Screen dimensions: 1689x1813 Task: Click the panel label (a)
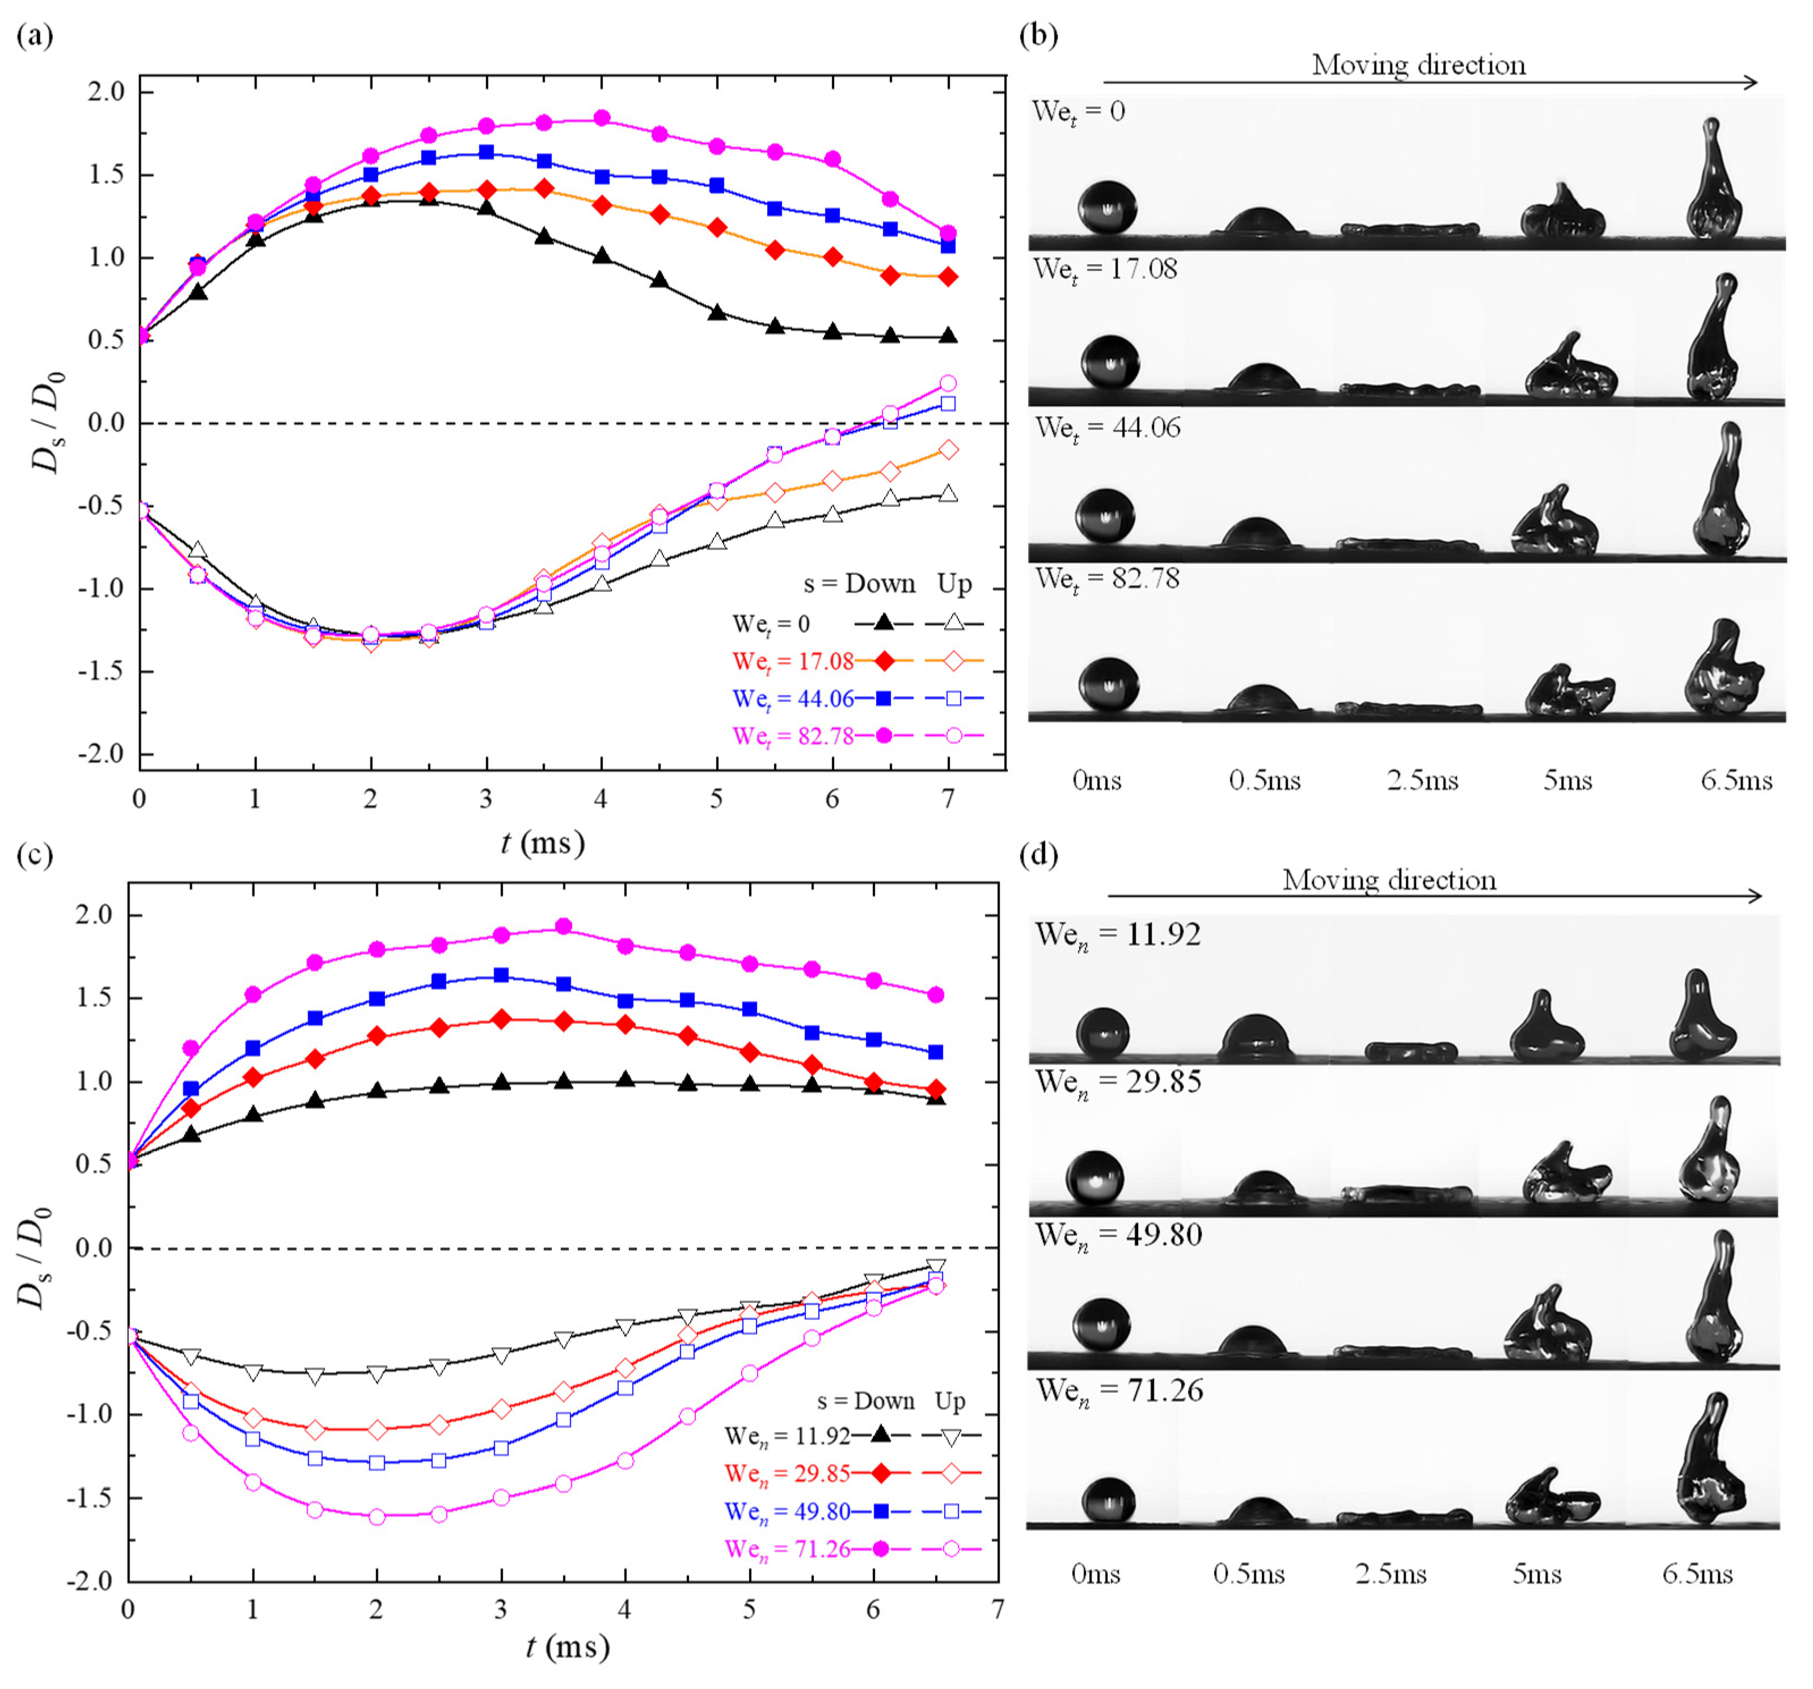pos(35,36)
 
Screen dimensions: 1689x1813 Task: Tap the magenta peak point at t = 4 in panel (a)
pos(601,118)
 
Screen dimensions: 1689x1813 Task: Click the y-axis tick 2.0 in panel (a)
pos(106,92)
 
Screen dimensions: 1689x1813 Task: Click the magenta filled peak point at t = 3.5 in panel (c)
pos(564,926)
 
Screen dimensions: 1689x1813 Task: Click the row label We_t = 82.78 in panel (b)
pos(1106,579)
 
